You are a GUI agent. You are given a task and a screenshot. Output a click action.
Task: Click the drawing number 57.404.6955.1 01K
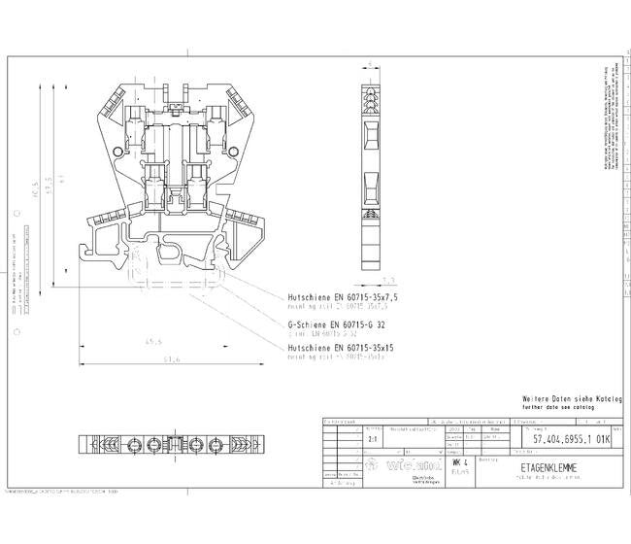click(x=571, y=439)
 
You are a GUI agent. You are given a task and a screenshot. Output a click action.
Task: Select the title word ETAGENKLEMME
click(x=548, y=468)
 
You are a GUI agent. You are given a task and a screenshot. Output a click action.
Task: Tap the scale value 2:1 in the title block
click(x=375, y=439)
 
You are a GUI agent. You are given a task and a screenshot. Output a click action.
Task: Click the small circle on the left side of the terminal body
click(x=117, y=152)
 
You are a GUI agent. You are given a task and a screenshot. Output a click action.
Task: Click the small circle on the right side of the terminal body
click(x=230, y=151)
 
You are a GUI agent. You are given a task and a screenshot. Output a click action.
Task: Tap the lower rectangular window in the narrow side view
click(x=370, y=182)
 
